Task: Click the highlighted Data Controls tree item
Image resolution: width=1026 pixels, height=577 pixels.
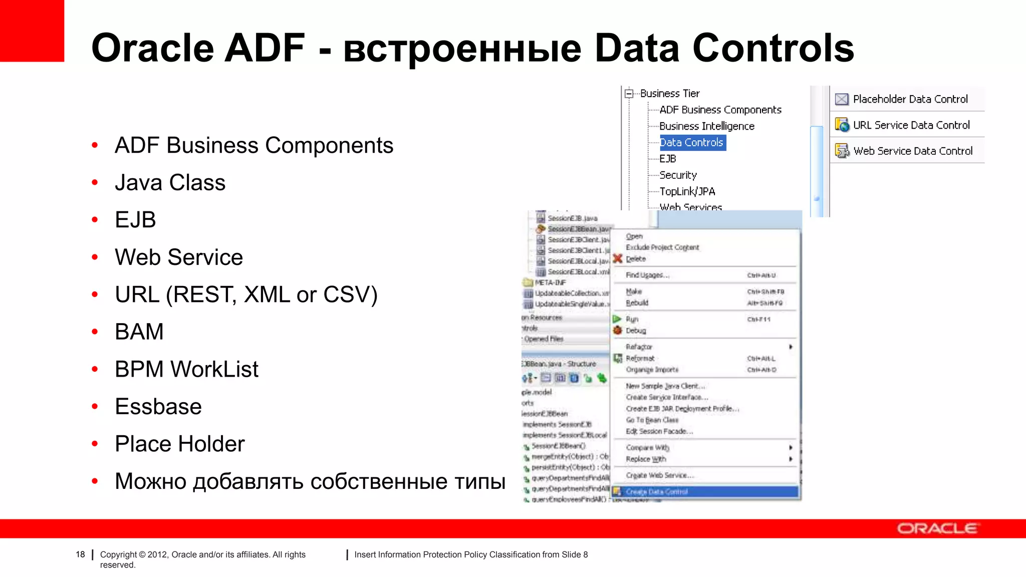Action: coord(692,143)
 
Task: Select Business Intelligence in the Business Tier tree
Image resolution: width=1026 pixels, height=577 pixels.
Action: coord(706,126)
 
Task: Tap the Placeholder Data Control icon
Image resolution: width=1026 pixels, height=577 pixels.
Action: coord(842,99)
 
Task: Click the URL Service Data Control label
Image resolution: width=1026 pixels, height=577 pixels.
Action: coord(911,125)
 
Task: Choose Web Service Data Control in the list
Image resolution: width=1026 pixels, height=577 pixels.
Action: coord(912,151)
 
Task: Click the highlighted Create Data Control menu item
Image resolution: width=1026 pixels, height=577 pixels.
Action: coord(656,492)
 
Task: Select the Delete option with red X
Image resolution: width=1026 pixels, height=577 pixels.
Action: coord(635,259)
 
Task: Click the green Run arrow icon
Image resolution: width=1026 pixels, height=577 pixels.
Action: coord(617,319)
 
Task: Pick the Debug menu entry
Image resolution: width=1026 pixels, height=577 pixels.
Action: coord(636,331)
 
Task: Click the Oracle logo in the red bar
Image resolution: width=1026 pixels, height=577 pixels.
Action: coord(937,529)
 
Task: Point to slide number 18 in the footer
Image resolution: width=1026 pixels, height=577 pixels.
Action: coord(80,554)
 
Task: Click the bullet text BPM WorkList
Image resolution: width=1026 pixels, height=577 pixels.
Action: coord(186,369)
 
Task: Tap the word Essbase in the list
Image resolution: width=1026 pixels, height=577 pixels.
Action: coord(158,406)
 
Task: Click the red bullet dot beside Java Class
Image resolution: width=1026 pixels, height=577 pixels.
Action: coord(95,183)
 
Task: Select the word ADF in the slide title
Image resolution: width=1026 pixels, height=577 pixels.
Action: coord(264,48)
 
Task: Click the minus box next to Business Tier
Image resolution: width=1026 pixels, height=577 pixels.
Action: coord(629,93)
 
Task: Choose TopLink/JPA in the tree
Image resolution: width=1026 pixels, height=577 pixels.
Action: coord(687,191)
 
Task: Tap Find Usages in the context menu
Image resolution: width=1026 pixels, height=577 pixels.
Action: coord(647,275)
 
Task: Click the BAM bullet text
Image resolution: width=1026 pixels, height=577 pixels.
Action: coord(139,332)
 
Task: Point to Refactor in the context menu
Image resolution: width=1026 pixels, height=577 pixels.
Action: coord(639,347)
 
